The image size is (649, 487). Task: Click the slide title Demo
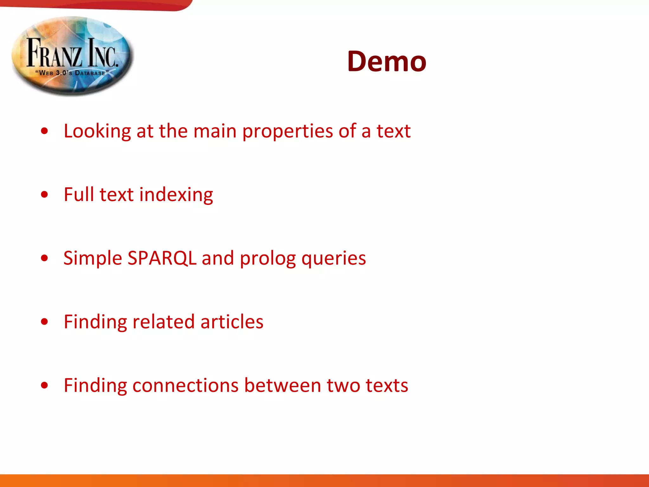(x=386, y=62)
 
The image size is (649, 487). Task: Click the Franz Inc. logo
(x=73, y=56)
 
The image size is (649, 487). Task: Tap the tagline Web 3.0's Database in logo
(x=72, y=73)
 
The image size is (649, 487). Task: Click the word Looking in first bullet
(x=97, y=131)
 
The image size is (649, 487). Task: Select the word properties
(x=287, y=131)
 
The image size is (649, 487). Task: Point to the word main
(x=215, y=131)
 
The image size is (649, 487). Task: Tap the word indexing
(x=176, y=195)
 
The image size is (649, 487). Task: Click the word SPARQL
(x=162, y=258)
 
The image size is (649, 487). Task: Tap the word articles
(x=232, y=322)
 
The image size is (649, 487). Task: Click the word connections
(x=185, y=386)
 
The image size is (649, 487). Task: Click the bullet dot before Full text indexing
(x=45, y=194)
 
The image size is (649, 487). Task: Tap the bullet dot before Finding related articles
(x=45, y=322)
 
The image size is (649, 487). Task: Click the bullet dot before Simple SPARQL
(x=45, y=258)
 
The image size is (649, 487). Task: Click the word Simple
(x=93, y=258)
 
